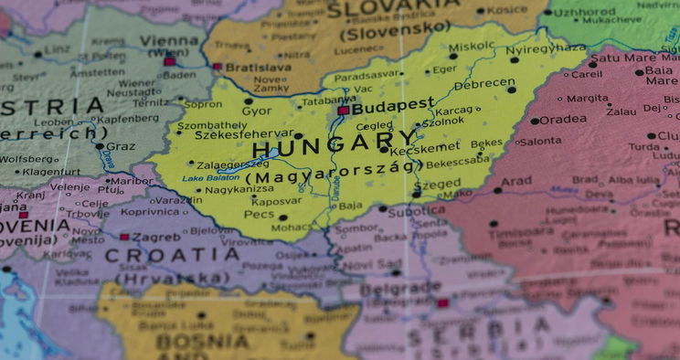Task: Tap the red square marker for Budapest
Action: pyautogui.click(x=343, y=111)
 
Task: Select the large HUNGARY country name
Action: pyautogui.click(x=335, y=144)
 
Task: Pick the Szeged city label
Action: pyautogui.click(x=437, y=184)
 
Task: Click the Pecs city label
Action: pyautogui.click(x=259, y=214)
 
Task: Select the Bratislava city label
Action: pyautogui.click(x=258, y=67)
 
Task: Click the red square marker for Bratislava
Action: pyautogui.click(x=218, y=66)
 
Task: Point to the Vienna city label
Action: pyautogui.click(x=169, y=42)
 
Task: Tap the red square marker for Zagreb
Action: pyautogui.click(x=124, y=237)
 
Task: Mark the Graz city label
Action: pyautogui.click(x=121, y=145)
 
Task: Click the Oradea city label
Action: pyautogui.click(x=563, y=120)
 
